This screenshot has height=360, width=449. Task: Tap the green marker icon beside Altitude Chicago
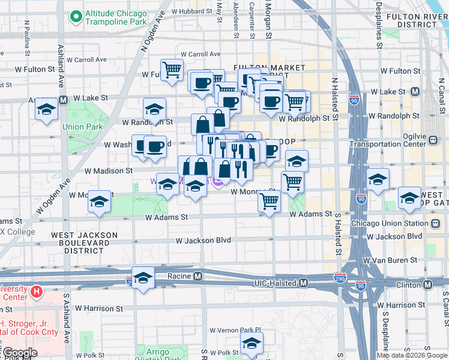(76, 17)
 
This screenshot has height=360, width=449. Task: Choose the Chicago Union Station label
(390, 223)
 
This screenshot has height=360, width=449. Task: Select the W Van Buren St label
(390, 260)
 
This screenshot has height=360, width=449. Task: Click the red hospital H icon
(37, 292)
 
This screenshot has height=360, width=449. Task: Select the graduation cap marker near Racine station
(143, 278)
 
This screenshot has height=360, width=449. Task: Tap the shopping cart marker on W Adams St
(269, 202)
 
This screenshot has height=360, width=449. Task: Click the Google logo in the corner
(20, 352)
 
